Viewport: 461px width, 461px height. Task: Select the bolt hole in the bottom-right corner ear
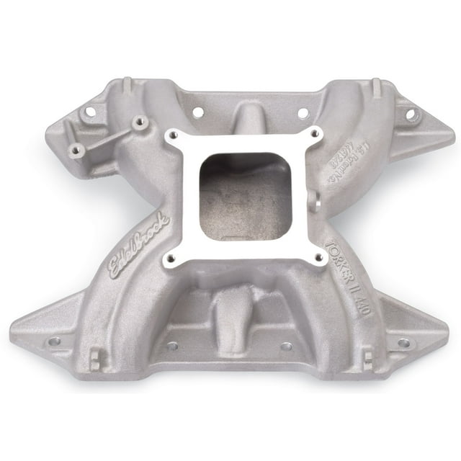(403, 343)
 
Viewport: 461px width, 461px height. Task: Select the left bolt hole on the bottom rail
(172, 346)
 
